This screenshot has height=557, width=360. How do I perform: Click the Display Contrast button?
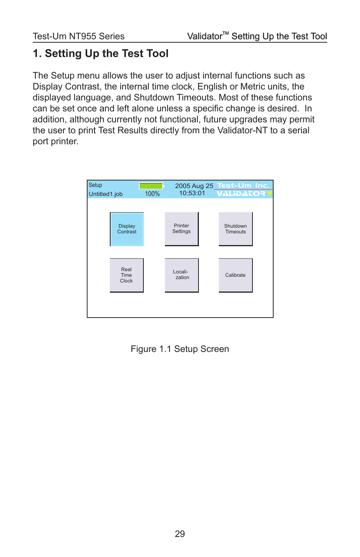127,229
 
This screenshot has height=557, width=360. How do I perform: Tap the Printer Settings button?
182,229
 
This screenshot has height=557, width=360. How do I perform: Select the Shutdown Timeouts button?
235,229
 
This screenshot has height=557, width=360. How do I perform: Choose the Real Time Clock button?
126,275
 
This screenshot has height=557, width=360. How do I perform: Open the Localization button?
182,275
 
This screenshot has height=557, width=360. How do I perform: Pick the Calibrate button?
235,275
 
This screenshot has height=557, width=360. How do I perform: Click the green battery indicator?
151,186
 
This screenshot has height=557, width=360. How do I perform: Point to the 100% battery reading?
152,194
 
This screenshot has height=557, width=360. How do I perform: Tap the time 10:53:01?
192,193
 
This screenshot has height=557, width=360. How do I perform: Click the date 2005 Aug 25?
194,186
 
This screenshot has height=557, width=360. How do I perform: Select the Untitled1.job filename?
106,194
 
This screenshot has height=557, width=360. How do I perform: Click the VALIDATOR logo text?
241,194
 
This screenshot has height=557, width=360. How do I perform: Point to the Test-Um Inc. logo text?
243,185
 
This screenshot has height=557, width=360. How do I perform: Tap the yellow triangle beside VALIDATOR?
269,194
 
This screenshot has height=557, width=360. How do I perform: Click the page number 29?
180,534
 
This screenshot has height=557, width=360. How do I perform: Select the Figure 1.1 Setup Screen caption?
180,349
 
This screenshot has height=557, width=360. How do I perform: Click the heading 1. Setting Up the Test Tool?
101,54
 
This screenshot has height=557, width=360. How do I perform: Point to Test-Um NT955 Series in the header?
78,36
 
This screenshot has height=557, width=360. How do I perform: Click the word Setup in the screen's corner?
95,185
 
